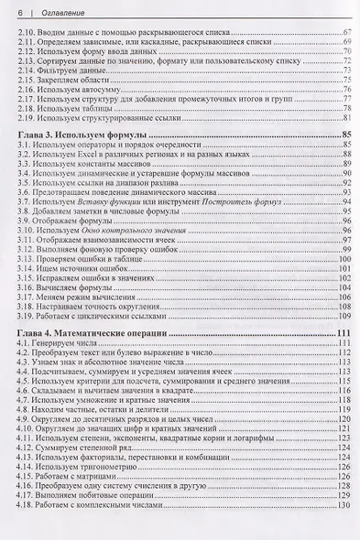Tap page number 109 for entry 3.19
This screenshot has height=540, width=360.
click(x=344, y=316)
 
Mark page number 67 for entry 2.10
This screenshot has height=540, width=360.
click(x=346, y=32)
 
